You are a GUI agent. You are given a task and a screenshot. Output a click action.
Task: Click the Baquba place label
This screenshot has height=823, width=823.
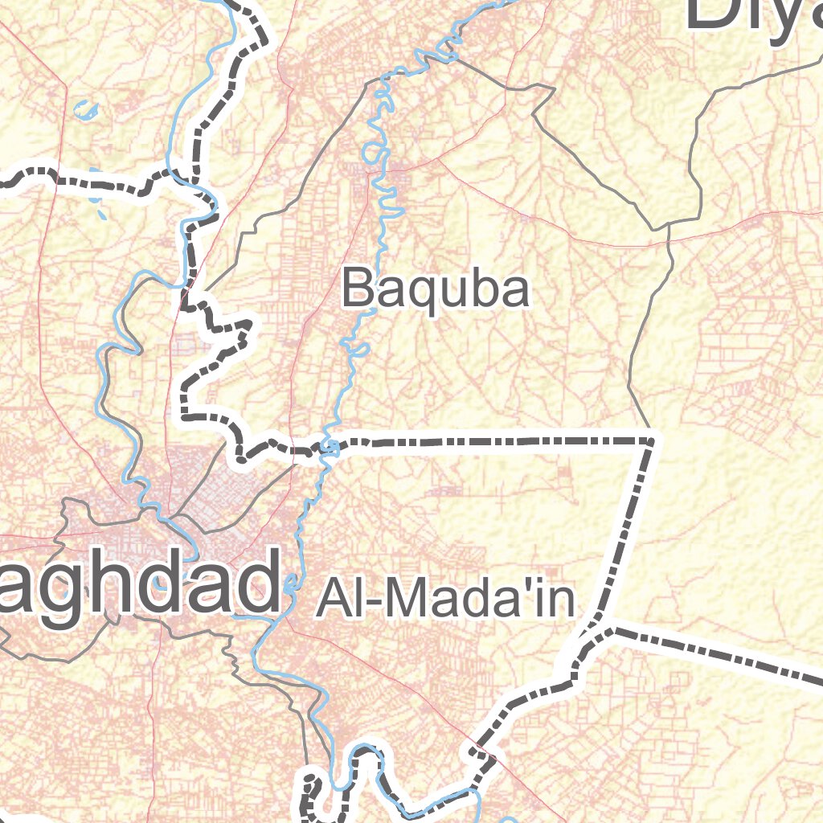coord(436,290)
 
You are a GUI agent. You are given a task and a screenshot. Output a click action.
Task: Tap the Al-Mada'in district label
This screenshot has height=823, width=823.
coord(446,599)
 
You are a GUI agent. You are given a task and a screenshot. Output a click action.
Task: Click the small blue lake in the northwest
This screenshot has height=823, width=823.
coord(84,109)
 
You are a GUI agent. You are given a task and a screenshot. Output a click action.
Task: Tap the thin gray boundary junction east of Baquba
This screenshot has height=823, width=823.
coord(669,222)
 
